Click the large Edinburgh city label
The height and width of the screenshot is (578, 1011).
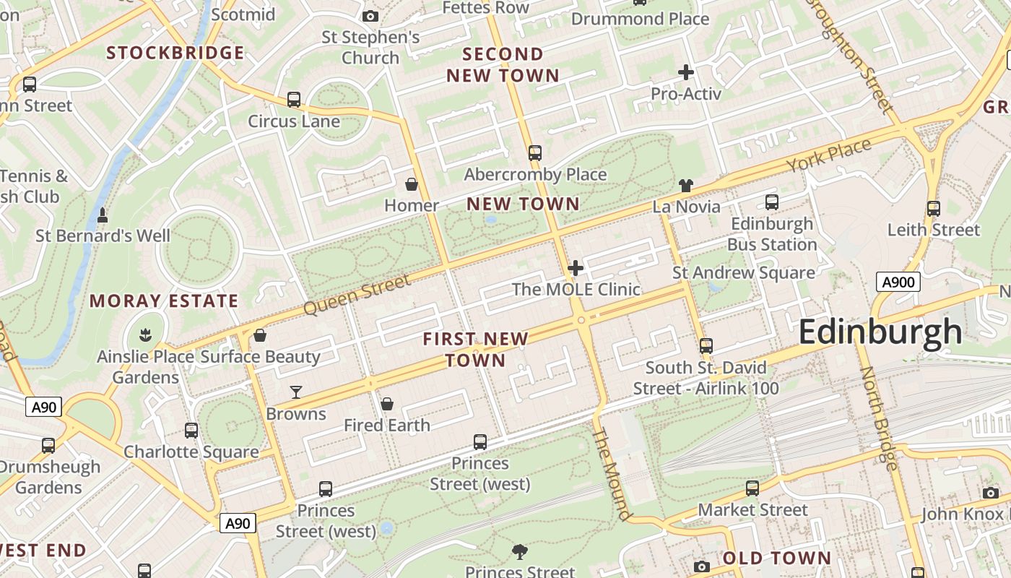pos(880,332)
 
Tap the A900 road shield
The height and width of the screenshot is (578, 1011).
pos(898,282)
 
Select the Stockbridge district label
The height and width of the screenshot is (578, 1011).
pos(175,53)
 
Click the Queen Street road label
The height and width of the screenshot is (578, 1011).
pos(357,295)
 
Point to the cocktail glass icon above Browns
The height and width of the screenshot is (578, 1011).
pos(296,392)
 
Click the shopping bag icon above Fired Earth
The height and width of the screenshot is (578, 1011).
pos(387,404)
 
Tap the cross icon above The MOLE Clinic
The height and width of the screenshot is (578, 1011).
pos(576,269)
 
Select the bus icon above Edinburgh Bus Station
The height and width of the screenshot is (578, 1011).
pos(771,202)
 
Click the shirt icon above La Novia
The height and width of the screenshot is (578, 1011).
pos(686,186)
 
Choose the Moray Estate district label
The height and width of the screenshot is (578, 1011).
pos(164,301)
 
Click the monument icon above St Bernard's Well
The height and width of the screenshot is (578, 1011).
pos(103,215)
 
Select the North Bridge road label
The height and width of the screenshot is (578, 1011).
pos(880,418)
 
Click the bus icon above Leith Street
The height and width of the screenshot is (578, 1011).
pos(934,209)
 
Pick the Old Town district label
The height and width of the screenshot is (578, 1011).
pos(777,558)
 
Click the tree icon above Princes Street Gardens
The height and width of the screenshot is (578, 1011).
pos(519,552)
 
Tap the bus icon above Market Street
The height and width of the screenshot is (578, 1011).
pos(752,488)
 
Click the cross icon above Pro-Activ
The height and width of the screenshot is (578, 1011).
pos(686,72)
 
